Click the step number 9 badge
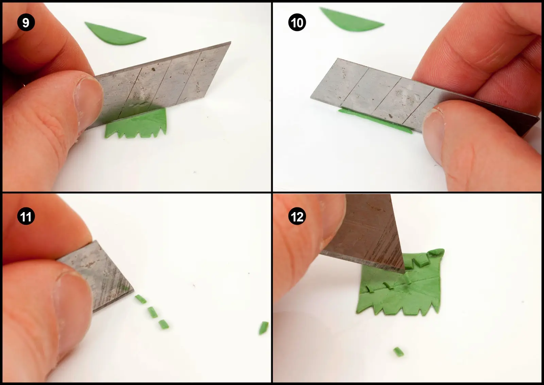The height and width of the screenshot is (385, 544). pos(26,22)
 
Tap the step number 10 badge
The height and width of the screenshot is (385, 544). pos(297,22)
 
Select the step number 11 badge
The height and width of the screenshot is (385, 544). pos(26,216)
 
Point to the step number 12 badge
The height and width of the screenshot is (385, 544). pos(297,216)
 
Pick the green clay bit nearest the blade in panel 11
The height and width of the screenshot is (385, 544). pos(141,299)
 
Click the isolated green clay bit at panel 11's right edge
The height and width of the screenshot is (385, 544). pos(263,328)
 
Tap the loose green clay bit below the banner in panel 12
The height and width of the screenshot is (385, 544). pos(398,352)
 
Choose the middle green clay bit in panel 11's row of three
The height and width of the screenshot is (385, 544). pos(153,312)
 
